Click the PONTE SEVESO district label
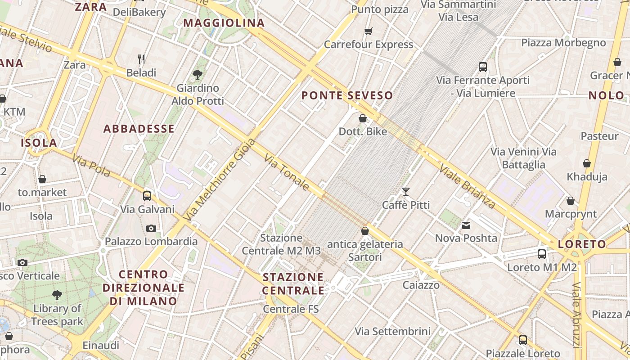[x=347, y=95]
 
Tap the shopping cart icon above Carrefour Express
[x=369, y=31]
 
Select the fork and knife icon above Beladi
[x=141, y=59]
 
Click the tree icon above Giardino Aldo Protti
[x=197, y=75]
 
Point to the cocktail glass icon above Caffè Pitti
[x=406, y=192]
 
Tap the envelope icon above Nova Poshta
[x=466, y=225]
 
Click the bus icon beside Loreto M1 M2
[x=542, y=254]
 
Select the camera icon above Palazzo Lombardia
[x=151, y=228]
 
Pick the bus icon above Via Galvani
[x=147, y=196]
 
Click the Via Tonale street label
[x=287, y=172]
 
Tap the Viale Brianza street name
[x=468, y=187]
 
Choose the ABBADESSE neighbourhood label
[x=139, y=129]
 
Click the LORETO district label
[x=582, y=244]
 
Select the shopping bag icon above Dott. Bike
[x=363, y=118]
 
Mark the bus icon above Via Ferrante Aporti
[x=483, y=67]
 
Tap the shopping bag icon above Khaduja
[x=587, y=163]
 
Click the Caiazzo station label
[x=421, y=285]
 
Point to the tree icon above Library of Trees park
[x=57, y=295]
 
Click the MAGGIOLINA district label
[x=224, y=23]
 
